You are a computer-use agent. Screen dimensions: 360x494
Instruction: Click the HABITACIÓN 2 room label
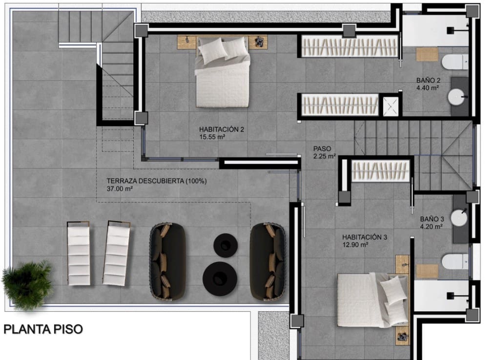tap(221, 129)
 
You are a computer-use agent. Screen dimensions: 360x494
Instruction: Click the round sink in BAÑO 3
tap(459, 217)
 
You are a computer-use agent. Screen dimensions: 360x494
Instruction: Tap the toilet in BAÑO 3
tap(454, 261)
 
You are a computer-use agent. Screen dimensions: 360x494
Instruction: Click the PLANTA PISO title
tap(43, 329)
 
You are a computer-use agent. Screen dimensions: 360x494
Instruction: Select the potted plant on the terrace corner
tap(27, 285)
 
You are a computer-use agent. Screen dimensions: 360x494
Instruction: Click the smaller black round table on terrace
tap(225, 245)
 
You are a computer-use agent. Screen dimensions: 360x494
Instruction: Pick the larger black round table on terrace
tap(220, 278)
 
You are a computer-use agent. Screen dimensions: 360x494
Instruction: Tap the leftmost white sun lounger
tap(79, 254)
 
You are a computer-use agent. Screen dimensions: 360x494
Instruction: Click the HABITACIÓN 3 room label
tap(364, 237)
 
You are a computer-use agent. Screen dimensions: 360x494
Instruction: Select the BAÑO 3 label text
tap(431, 219)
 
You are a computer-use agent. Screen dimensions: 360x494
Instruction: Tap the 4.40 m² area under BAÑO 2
tap(428, 88)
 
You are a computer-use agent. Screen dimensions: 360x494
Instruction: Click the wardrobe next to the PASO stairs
tap(380, 171)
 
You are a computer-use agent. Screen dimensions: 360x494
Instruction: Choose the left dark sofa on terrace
tap(167, 261)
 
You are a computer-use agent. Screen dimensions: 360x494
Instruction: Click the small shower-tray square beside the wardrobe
tap(390, 106)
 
